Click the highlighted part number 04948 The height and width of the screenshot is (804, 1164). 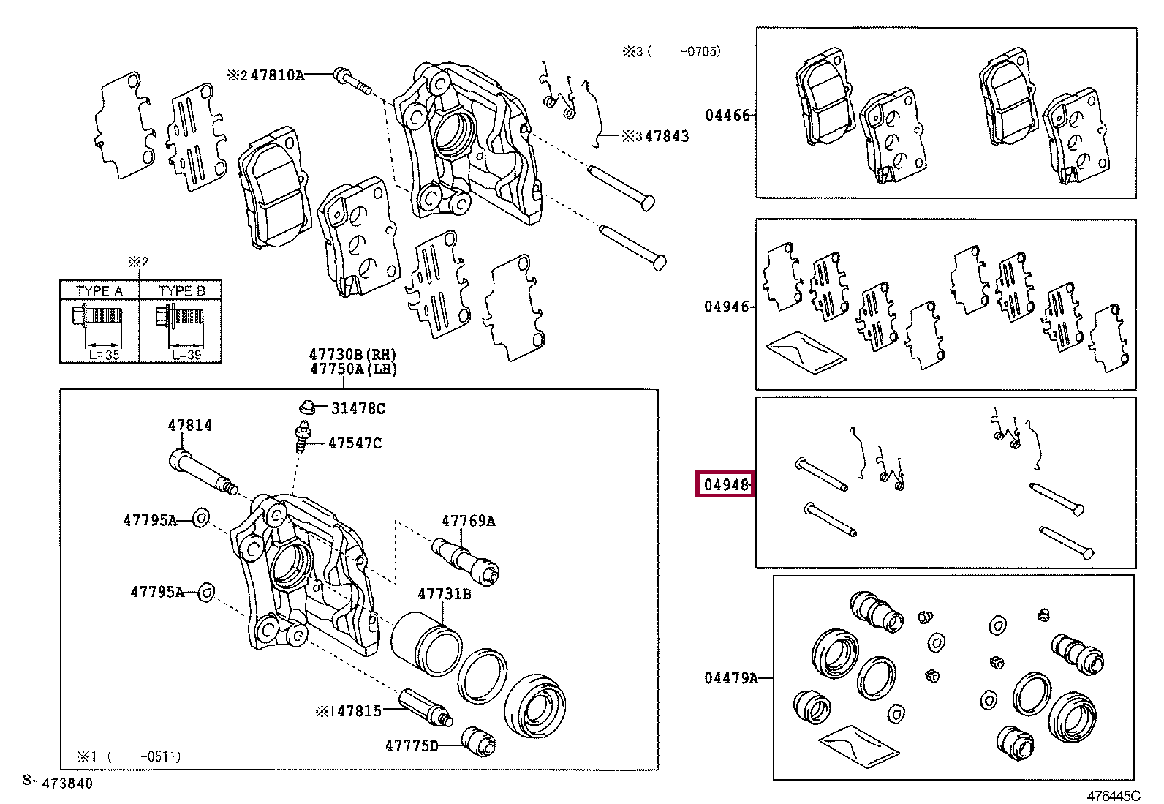tap(726, 485)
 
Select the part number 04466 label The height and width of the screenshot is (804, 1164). tap(727, 115)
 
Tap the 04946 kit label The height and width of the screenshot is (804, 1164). tap(727, 307)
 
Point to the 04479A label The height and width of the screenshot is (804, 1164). tap(730, 678)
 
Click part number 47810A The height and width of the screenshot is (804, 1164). tap(277, 75)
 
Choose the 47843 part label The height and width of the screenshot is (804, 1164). tap(667, 136)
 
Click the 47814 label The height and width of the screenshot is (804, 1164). tap(189, 425)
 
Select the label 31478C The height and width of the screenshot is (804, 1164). tap(358, 409)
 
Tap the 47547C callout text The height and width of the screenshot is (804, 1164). tap(355, 443)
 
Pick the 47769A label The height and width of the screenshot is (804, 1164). tap(468, 521)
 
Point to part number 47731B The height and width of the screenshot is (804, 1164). tap(445, 593)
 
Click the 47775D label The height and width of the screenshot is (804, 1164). tap(412, 746)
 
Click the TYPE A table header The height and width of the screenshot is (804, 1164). tap(99, 290)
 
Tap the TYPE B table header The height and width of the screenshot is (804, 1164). tap(182, 290)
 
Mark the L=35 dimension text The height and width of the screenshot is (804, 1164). tap(104, 356)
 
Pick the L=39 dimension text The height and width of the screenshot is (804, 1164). tap(186, 356)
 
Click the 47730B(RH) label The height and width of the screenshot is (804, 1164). tap(353, 355)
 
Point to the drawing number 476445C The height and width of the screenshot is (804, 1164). tap(1114, 796)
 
